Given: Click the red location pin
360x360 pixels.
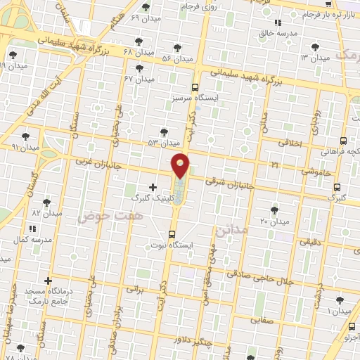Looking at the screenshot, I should [181, 165].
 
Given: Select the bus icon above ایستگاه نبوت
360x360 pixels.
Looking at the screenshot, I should [172, 234].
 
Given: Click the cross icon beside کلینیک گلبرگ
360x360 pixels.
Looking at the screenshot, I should [153, 187].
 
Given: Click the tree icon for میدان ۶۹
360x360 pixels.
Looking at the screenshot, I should [146, 7].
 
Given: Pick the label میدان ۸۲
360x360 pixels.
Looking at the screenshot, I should [46, 213].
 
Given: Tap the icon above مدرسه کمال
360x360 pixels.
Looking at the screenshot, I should [32, 228].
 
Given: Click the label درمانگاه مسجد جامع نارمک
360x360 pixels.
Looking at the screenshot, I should [50, 295].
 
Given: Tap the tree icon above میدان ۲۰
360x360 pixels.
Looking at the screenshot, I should [274, 210].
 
